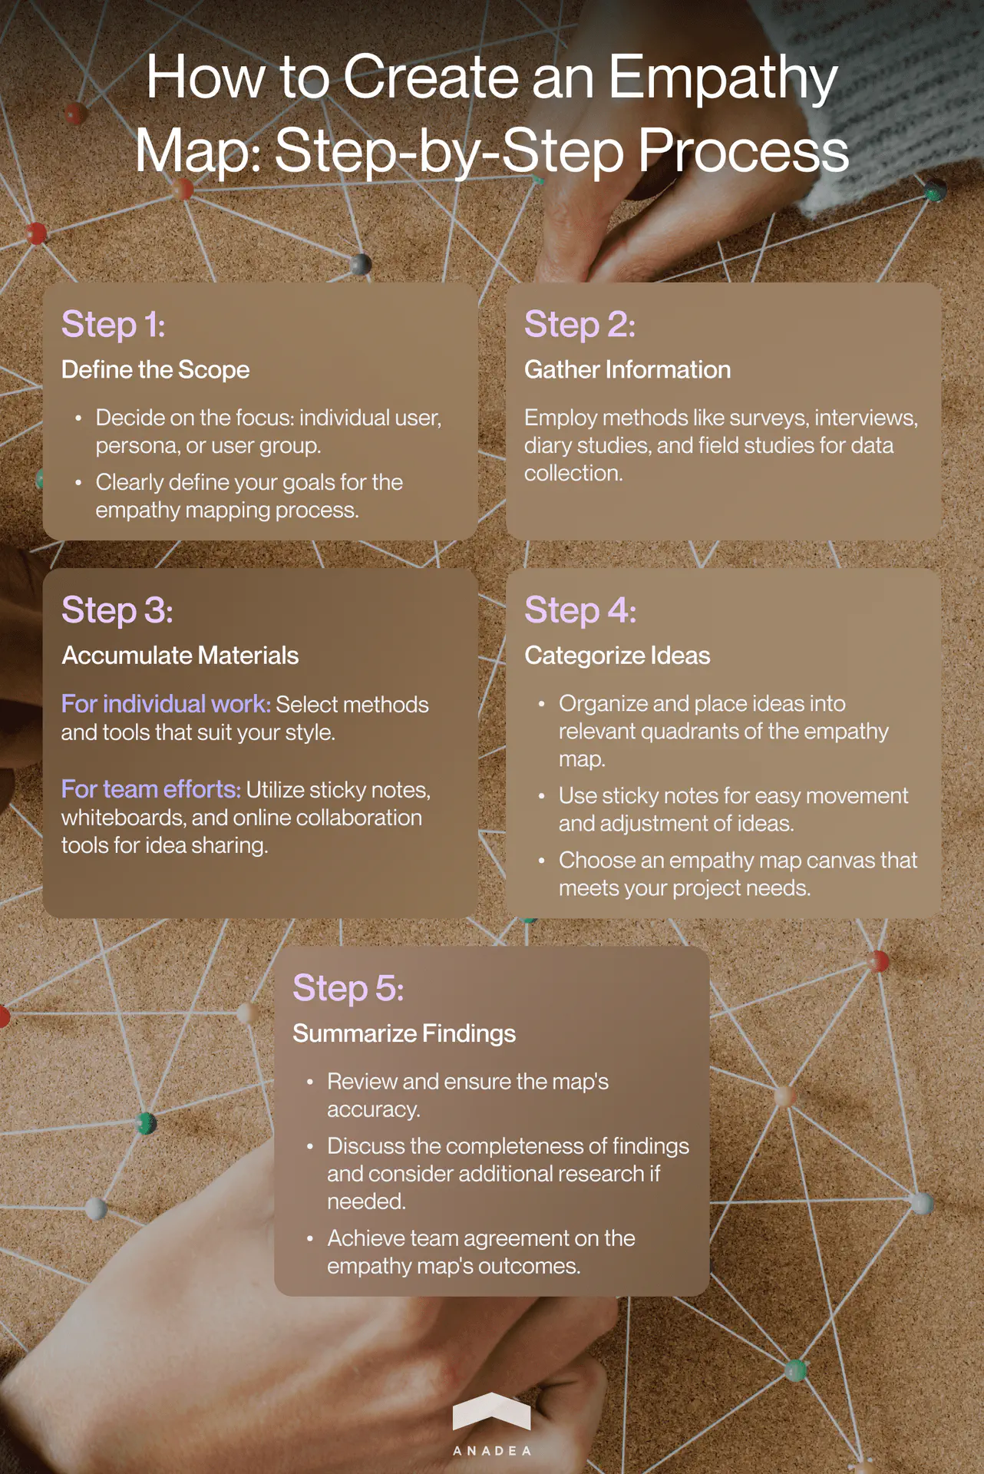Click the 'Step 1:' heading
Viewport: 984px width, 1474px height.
(113, 324)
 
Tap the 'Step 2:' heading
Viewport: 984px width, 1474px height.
(580, 324)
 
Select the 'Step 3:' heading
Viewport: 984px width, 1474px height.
(117, 610)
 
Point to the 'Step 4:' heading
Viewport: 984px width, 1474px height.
(580, 610)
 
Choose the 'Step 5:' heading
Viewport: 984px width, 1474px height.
(348, 988)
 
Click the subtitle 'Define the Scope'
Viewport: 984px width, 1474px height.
(155, 370)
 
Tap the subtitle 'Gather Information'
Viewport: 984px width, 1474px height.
(627, 370)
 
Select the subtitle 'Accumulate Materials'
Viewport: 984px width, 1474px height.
(180, 656)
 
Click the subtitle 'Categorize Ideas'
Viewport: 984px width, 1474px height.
(617, 656)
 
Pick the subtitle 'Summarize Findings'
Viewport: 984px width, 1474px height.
(404, 1033)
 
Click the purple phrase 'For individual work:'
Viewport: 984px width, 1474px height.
(166, 704)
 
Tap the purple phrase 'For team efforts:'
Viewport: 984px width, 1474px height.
(151, 789)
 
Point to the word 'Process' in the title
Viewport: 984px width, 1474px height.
(743, 150)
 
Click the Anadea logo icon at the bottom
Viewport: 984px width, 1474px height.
(491, 1412)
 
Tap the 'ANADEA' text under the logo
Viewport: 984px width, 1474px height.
(491, 1451)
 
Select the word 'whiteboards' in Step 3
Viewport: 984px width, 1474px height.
(123, 818)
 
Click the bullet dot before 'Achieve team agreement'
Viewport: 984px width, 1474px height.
(310, 1238)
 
